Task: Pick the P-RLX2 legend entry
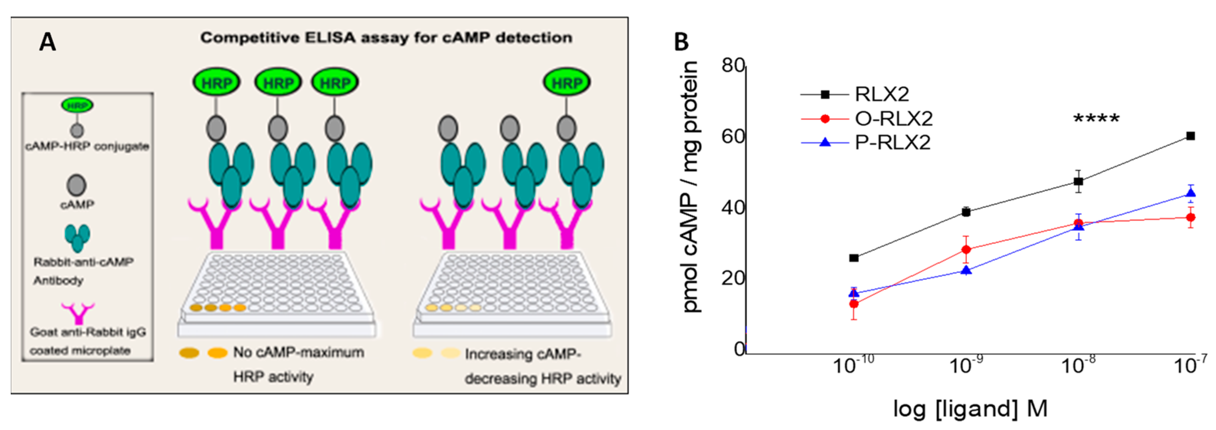892,142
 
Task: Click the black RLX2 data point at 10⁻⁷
1190,136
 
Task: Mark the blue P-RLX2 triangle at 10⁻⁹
966,270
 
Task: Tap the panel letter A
47,42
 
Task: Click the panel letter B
681,42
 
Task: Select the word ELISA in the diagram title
329,38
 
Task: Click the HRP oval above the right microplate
566,83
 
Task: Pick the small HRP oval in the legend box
77,105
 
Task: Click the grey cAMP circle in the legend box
77,185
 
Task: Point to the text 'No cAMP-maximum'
298,352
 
